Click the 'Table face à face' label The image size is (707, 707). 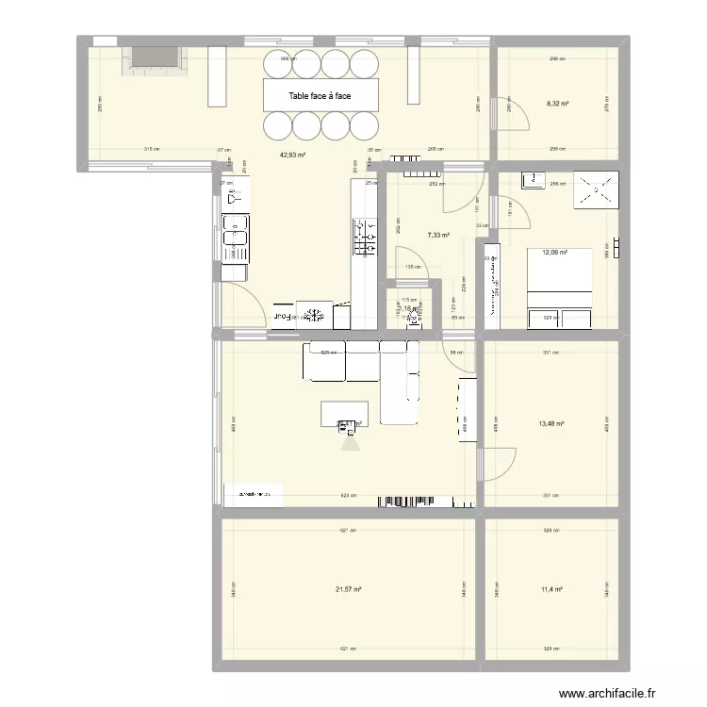point(320,95)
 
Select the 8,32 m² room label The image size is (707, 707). point(558,105)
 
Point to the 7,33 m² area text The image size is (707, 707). point(437,235)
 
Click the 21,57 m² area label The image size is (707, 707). point(349,590)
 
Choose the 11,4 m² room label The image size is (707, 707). point(552,590)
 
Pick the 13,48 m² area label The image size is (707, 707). point(551,423)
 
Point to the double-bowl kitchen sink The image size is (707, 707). point(233,237)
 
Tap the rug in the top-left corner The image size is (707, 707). point(153,59)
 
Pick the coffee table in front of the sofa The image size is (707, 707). point(344,413)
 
